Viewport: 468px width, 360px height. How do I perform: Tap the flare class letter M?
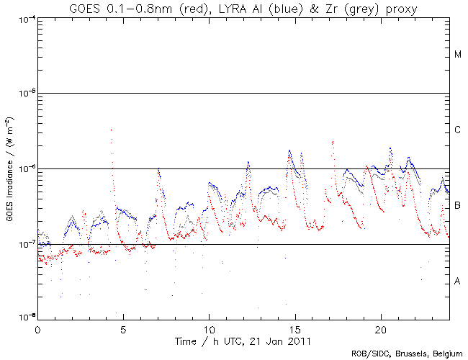tap(457, 55)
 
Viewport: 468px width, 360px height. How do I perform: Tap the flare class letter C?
tap(457, 130)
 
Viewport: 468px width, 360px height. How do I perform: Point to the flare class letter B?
tap(457, 206)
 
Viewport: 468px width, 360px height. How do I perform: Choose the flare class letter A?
tap(457, 282)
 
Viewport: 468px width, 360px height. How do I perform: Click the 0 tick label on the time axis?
tap(37, 328)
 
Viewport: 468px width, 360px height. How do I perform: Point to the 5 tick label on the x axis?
tap(123, 328)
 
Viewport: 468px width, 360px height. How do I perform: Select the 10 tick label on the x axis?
tap(209, 328)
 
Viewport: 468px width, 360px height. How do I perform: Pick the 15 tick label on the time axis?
tap(294, 328)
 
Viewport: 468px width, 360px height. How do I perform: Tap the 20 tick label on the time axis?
tap(380, 328)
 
